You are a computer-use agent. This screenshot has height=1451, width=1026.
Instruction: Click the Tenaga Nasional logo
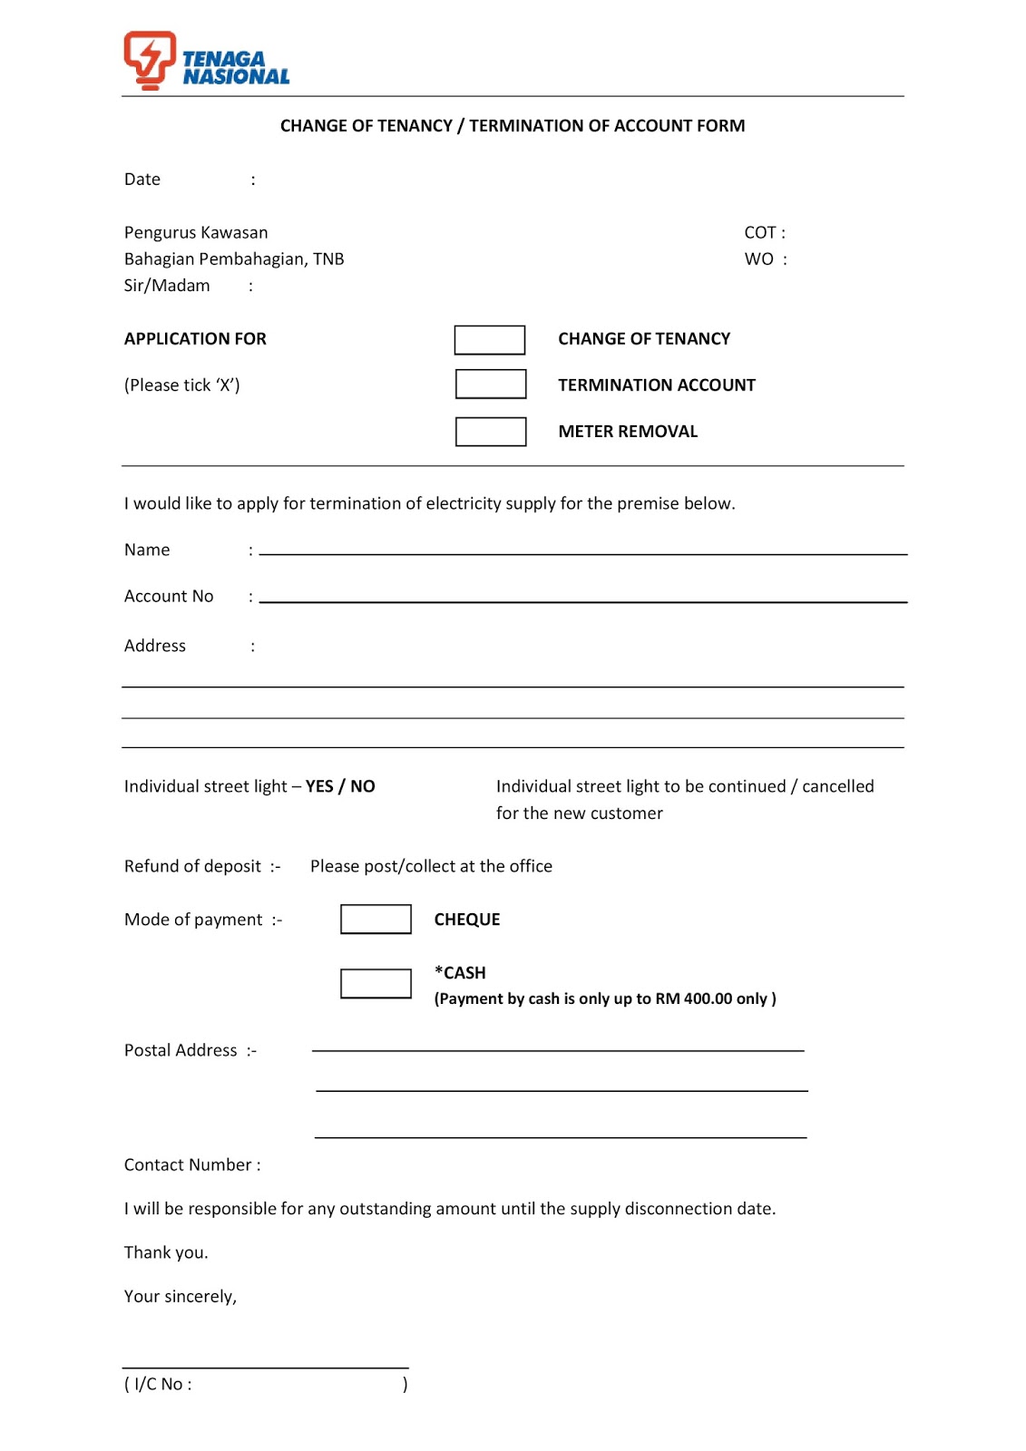pyautogui.click(x=206, y=61)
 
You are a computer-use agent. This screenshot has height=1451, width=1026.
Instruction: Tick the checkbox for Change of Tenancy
pyautogui.click(x=489, y=340)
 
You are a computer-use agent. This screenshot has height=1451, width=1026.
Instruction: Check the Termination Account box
pyautogui.click(x=490, y=385)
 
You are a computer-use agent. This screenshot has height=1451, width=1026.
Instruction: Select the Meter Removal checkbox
pyautogui.click(x=490, y=432)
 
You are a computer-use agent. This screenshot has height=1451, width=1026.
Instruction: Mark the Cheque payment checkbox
pyautogui.click(x=376, y=920)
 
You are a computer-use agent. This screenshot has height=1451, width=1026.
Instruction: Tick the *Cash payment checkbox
pyautogui.click(x=376, y=984)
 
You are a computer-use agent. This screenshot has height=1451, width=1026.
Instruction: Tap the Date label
pyautogui.click(x=142, y=180)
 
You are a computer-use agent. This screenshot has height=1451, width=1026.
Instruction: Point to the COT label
pyautogui.click(x=760, y=233)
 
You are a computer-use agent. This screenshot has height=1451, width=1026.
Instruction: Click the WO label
pyautogui.click(x=759, y=259)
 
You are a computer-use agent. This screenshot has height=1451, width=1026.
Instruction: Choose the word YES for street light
pyautogui.click(x=319, y=786)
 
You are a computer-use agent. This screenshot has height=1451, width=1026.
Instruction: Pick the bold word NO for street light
pyautogui.click(x=363, y=786)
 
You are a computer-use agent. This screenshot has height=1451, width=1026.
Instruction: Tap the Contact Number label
pyautogui.click(x=189, y=1165)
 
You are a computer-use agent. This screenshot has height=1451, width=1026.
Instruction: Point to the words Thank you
pyautogui.click(x=166, y=1252)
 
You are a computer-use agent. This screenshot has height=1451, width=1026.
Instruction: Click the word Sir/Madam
pyautogui.click(x=167, y=286)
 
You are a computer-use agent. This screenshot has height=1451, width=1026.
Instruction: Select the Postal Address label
pyautogui.click(x=181, y=1050)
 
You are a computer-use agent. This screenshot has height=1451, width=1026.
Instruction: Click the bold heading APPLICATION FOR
pyautogui.click(x=195, y=339)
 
